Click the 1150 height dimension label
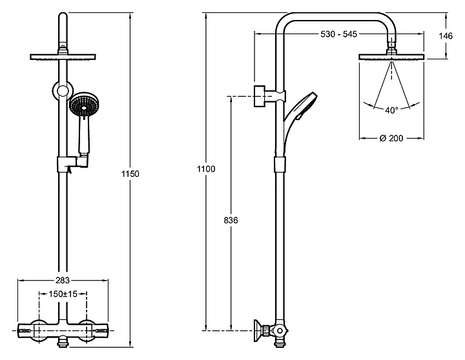(130, 174)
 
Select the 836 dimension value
(231, 220)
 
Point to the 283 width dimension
(62, 280)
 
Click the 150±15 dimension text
(63, 294)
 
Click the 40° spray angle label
(391, 110)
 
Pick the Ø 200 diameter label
(392, 138)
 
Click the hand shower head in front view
(84, 105)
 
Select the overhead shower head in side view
(391, 57)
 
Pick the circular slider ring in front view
(62, 91)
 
